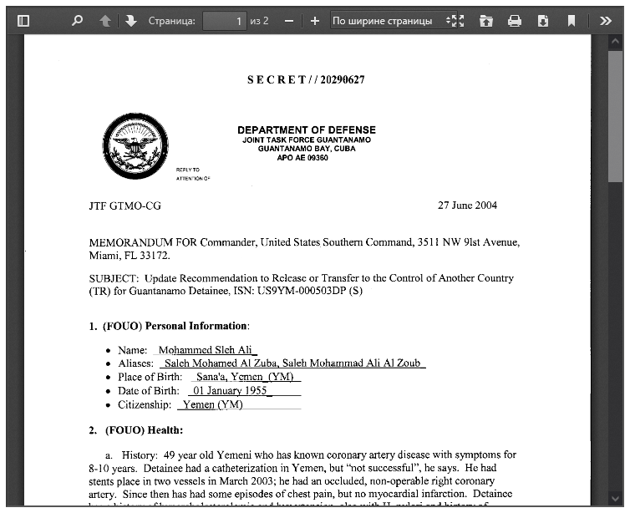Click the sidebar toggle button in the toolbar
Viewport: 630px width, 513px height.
(23, 21)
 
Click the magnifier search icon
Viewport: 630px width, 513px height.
(78, 21)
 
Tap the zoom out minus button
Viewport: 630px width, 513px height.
(289, 21)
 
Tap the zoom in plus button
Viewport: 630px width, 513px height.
(315, 21)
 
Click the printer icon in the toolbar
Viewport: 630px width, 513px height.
(515, 21)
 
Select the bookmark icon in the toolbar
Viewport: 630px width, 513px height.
(572, 21)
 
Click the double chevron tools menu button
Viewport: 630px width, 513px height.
(606, 21)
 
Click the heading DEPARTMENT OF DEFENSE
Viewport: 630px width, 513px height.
(306, 130)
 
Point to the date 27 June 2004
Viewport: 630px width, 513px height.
(467, 206)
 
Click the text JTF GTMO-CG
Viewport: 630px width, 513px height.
(124, 206)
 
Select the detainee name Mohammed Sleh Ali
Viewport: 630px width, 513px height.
(207, 350)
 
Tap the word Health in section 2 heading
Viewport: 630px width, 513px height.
(166, 430)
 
